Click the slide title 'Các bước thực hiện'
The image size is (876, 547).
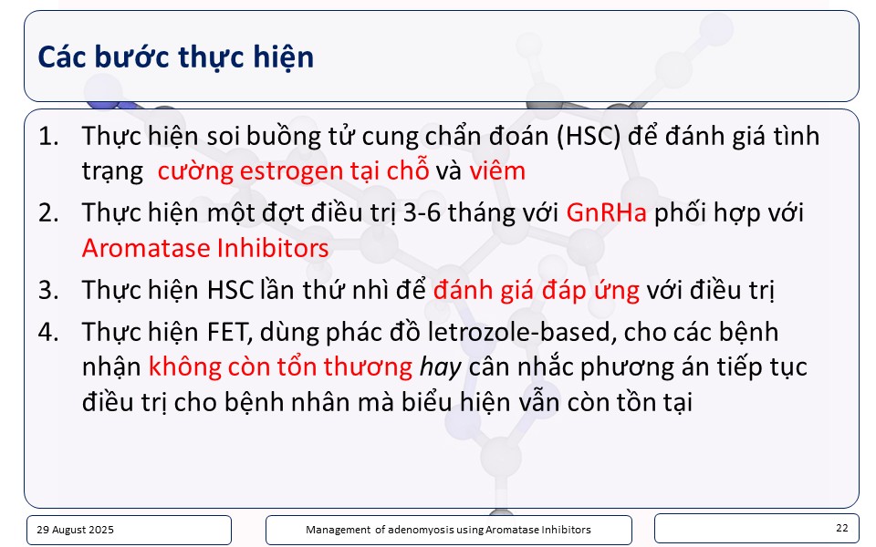(175, 57)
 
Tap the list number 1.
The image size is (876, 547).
(48, 136)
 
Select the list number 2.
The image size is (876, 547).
(48, 212)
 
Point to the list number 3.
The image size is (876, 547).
(48, 290)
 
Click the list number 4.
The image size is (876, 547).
(48, 332)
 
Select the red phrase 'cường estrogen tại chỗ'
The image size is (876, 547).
(293, 170)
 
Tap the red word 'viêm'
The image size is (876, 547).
(497, 170)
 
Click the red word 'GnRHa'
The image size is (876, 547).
(606, 212)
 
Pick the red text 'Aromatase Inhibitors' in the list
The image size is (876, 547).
(205, 248)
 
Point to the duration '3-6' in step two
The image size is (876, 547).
(422, 212)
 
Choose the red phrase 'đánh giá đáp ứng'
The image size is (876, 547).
(537, 291)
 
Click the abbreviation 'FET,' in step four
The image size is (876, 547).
(230, 333)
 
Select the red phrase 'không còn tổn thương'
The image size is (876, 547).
(280, 367)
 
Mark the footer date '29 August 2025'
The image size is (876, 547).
(76, 530)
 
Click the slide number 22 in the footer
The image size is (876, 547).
(842, 528)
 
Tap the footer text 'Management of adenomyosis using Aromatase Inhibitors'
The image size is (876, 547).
(448, 530)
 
